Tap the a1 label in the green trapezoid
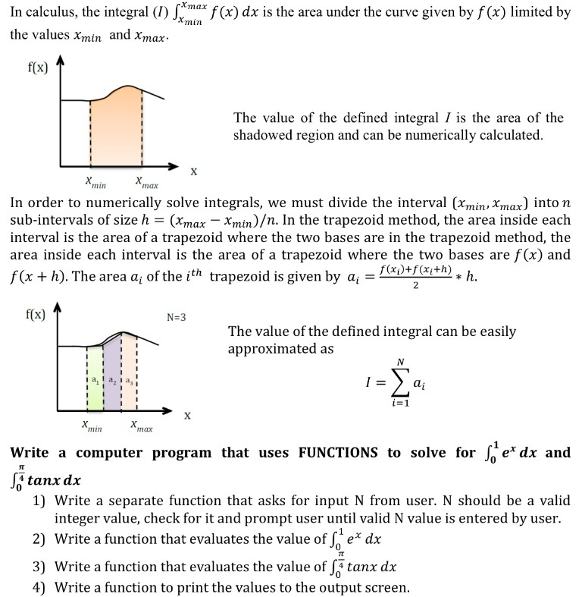coord(94,378)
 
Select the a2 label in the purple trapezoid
coord(111,378)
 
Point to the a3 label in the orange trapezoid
coord(129,378)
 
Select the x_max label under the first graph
coord(146,183)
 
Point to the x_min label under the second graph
coord(93,427)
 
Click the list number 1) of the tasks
coord(39,502)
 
